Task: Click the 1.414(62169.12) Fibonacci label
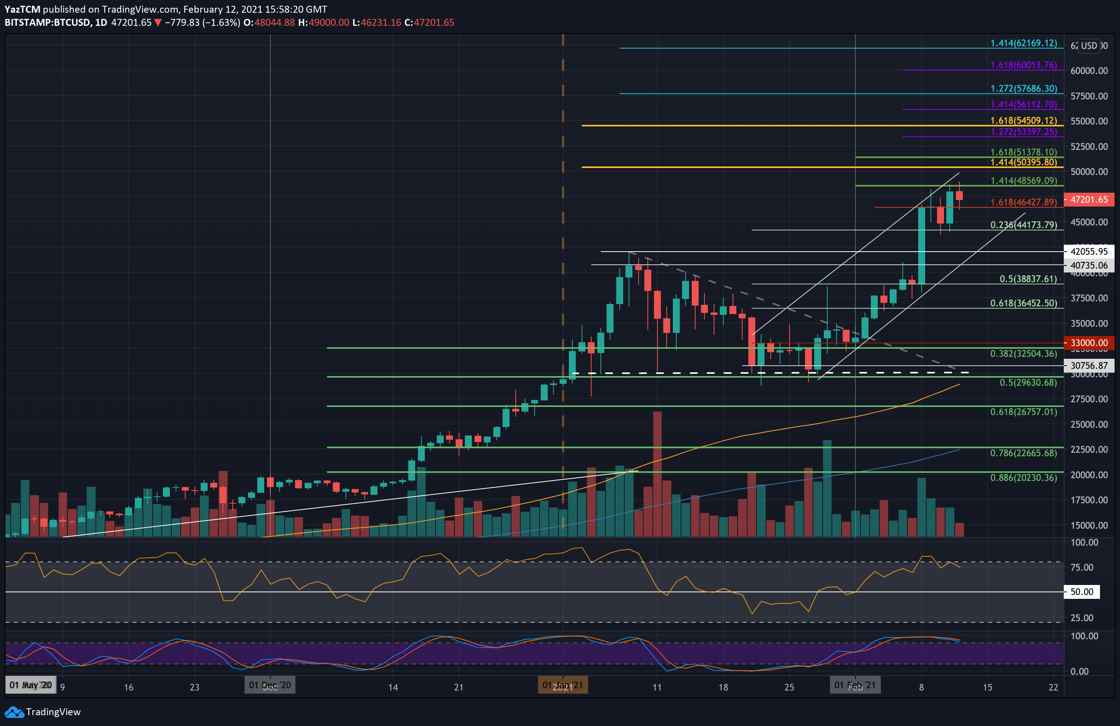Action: (x=1024, y=43)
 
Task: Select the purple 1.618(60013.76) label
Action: (x=1024, y=65)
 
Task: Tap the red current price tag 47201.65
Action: (x=1088, y=200)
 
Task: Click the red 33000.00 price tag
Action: (x=1088, y=343)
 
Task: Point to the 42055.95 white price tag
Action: (x=1088, y=251)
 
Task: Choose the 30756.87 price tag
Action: (x=1088, y=365)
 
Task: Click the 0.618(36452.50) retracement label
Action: (x=1024, y=303)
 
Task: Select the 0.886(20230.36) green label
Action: (x=1024, y=477)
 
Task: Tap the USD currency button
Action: (x=1088, y=46)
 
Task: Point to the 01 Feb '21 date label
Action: (x=855, y=685)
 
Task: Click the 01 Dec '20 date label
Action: (x=270, y=685)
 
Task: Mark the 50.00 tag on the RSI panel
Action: (x=1081, y=592)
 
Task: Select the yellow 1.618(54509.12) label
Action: (x=1024, y=121)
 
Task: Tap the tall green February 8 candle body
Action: (x=921, y=245)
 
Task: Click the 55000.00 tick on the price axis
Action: (x=1088, y=121)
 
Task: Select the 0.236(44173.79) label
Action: (x=1024, y=225)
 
